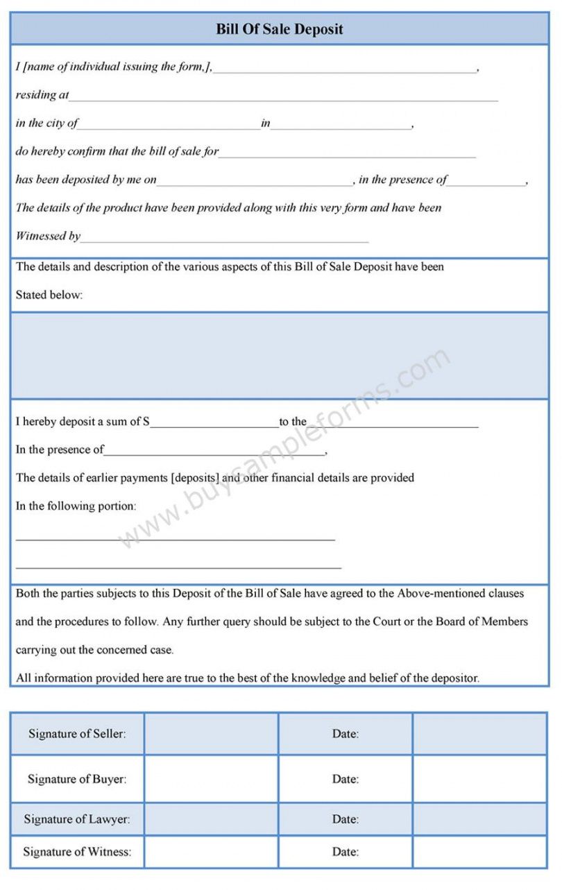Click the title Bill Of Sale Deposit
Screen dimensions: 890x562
pyautogui.click(x=280, y=29)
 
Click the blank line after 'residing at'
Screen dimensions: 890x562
pyautogui.click(x=283, y=97)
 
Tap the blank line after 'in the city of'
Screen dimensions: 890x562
pyautogui.click(x=169, y=126)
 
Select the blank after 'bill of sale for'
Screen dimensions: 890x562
pyautogui.click(x=347, y=154)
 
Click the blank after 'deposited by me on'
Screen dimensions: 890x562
pyautogui.click(x=255, y=182)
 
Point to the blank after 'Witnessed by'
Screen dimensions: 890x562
pyautogui.click(x=224, y=239)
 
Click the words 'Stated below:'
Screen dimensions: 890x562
pyautogui.click(x=49, y=295)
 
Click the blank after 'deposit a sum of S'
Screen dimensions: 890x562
pyautogui.click(x=214, y=423)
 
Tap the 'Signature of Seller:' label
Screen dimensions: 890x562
pyautogui.click(x=77, y=733)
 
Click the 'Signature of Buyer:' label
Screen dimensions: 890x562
pyautogui.click(x=77, y=779)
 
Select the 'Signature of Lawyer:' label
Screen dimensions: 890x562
pyautogui.click(x=77, y=819)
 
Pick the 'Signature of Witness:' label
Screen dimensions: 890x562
pyautogui.click(x=77, y=852)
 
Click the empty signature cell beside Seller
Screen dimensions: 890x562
pyautogui.click(x=211, y=733)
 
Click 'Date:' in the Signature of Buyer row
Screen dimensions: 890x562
pyautogui.click(x=345, y=779)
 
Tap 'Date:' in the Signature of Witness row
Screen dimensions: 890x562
pyautogui.click(x=345, y=852)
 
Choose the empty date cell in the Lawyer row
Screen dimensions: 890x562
pyautogui.click(x=479, y=819)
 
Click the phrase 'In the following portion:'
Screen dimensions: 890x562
pyautogui.click(x=76, y=506)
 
